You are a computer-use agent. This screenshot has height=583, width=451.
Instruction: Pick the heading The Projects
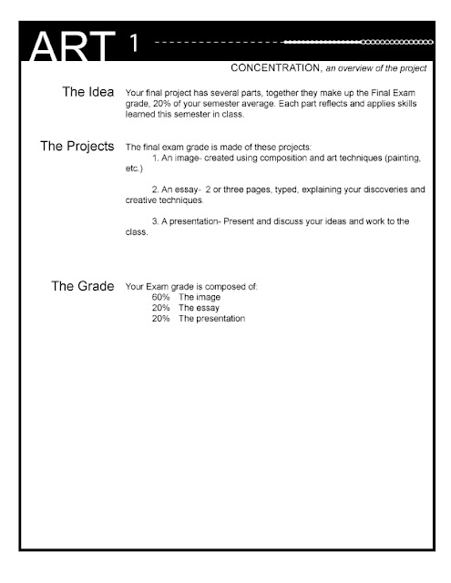coord(77,145)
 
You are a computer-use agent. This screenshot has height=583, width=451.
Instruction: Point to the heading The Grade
coord(82,286)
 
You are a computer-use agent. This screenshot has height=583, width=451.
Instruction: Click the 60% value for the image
coord(161,297)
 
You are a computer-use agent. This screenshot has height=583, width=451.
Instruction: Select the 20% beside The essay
coord(161,308)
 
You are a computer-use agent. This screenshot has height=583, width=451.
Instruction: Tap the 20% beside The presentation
coord(161,319)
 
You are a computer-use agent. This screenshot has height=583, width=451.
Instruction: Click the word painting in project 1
coord(404,158)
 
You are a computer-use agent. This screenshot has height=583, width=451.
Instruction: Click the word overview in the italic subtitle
coord(362,68)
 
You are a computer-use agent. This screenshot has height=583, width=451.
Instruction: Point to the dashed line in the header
coord(219,42)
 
